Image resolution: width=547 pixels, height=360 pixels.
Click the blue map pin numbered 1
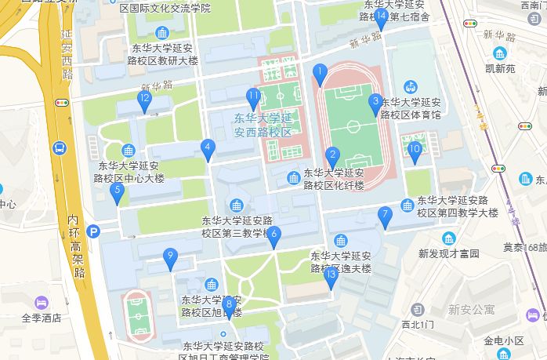click(x=319, y=74)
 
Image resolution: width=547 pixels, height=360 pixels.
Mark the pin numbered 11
click(x=253, y=98)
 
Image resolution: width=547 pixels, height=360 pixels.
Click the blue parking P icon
click(x=93, y=231)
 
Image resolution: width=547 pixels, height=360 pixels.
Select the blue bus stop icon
click(x=60, y=147)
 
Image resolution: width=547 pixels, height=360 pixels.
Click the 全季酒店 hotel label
click(x=41, y=318)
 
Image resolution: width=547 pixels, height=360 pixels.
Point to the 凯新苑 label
click(x=499, y=68)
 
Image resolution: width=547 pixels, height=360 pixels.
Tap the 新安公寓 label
click(x=471, y=310)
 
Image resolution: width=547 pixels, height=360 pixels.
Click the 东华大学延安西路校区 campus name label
click(x=263, y=125)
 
